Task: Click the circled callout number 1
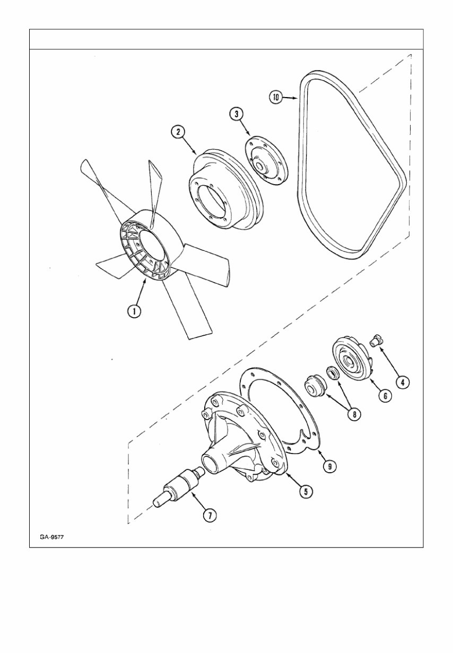135,311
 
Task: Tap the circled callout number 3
236,114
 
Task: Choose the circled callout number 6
385,396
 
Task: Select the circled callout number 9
329,466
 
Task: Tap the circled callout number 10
276,98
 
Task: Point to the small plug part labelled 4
378,339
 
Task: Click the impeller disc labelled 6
352,361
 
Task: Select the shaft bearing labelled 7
178,486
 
